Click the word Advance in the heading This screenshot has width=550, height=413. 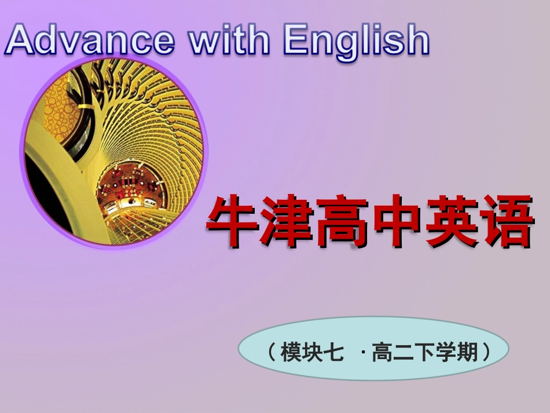90,40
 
